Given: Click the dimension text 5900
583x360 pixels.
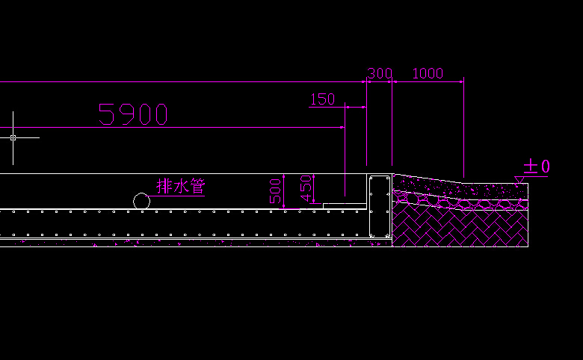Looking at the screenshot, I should pos(133,114).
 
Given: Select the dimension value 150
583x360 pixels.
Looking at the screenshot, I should pos(322,99).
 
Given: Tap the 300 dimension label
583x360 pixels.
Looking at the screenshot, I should pos(380,73).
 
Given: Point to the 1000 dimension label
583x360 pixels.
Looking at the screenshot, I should pos(428,73).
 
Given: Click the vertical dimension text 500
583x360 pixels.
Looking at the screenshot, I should pos(275,191).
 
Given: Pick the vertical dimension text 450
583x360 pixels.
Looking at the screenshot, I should pos(305,189).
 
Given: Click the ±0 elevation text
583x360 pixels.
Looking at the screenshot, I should pos(537,166).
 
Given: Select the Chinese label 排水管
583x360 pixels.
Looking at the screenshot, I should pos(180,185).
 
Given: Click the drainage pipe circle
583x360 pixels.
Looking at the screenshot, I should pos(141,201).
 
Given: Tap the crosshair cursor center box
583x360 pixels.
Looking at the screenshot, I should pos(13,137).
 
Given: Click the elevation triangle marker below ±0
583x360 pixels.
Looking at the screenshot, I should pos(519,179).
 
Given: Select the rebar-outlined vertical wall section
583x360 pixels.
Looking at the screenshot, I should pos(380,207).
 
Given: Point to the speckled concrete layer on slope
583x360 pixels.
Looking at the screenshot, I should pos(448,188).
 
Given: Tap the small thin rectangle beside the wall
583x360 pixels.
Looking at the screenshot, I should pos(345,205).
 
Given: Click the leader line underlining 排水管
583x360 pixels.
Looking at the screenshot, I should pos(176,196).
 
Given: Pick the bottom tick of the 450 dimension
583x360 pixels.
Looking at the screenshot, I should pos(313,203).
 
